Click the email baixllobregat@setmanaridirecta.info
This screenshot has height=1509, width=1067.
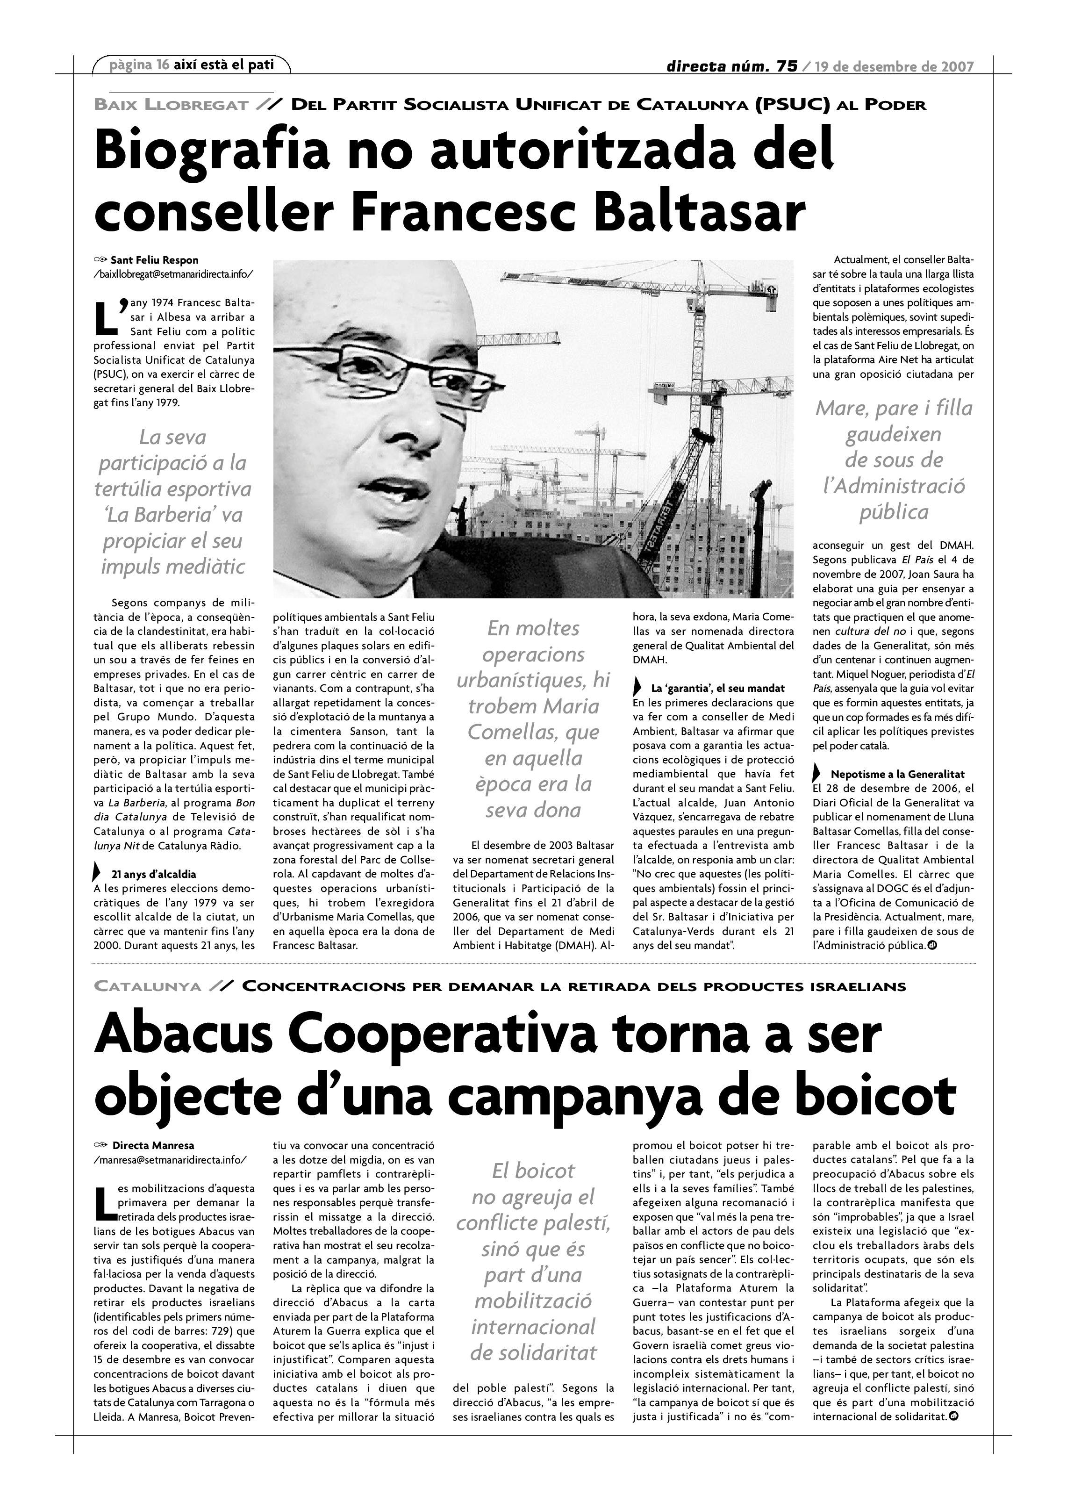click(x=173, y=274)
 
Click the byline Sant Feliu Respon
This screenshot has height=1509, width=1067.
click(x=154, y=260)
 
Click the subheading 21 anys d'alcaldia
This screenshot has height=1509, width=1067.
click(x=154, y=874)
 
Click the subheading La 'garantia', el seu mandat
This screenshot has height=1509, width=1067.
click(x=717, y=688)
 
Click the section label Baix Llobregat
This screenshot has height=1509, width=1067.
click(x=171, y=105)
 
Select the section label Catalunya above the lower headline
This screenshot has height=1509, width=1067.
click(x=148, y=986)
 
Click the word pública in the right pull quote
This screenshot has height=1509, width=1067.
click(x=894, y=511)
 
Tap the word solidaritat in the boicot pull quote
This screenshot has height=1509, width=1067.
click(x=533, y=1352)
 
